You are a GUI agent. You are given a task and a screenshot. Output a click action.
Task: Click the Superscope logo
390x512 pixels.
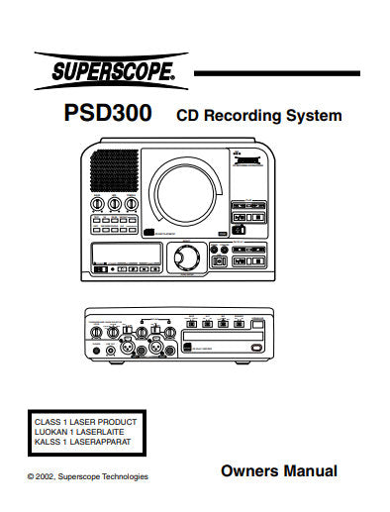tap(105, 71)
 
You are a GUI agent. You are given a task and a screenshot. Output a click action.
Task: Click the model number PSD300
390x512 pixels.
tap(108, 114)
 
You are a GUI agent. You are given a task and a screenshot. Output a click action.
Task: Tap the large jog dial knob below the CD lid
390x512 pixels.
tap(186, 256)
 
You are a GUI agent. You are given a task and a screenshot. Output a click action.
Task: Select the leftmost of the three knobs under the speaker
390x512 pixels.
tap(97, 205)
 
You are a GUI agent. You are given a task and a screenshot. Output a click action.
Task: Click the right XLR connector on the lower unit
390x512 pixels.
tap(157, 350)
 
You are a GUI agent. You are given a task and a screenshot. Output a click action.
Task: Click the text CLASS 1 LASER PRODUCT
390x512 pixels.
tap(86, 422)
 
